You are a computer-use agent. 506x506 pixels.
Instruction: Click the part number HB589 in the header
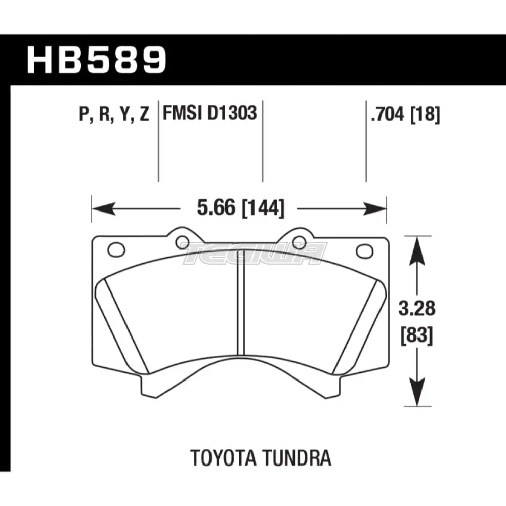point(96,60)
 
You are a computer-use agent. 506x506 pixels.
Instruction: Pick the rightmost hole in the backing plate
point(363,250)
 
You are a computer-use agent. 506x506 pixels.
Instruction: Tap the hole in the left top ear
point(182,242)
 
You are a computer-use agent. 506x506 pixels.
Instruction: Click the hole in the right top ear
point(300,242)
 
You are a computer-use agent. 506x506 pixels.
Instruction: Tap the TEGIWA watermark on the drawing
point(254,252)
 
